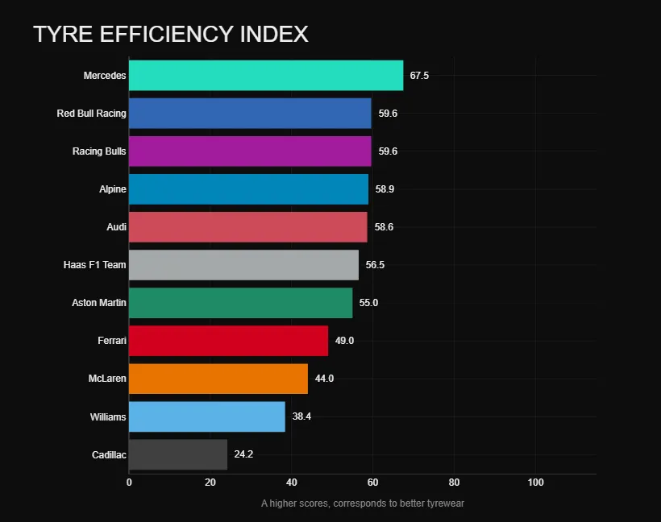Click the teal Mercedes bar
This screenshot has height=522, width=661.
(266, 76)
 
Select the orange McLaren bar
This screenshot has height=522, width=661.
(218, 379)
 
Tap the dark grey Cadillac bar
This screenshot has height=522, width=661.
(178, 454)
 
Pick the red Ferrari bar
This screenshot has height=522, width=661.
(228, 341)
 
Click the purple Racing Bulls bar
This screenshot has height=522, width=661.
(250, 151)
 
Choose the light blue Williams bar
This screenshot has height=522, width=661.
(207, 416)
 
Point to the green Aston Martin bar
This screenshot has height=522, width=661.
(240, 303)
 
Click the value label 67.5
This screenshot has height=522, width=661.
(419, 76)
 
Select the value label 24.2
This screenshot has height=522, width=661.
(243, 454)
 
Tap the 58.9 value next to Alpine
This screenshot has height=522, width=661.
(385, 189)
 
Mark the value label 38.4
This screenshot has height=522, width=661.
(301, 416)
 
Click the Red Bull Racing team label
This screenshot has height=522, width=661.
(91, 114)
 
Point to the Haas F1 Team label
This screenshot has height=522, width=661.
(94, 265)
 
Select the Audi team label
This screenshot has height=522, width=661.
(116, 227)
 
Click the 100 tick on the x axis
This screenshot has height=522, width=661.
(535, 483)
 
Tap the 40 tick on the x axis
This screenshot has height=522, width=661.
(291, 483)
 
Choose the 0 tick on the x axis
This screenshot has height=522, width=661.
(129, 483)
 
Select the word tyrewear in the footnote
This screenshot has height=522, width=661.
(444, 503)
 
